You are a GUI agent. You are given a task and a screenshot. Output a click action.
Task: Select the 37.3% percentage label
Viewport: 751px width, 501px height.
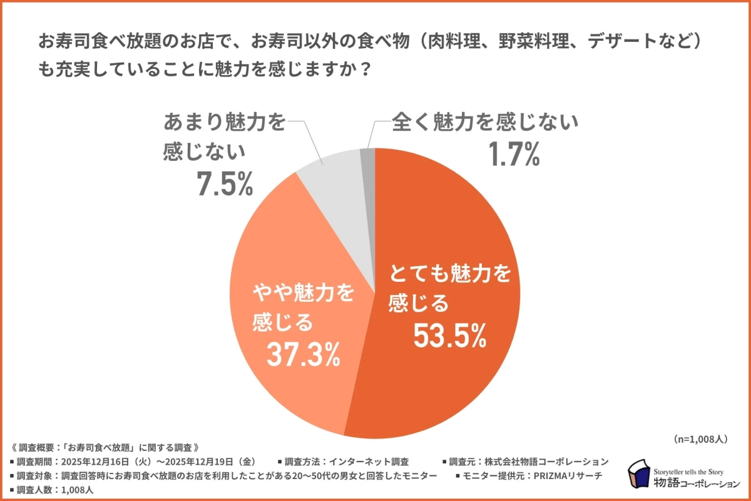[304, 355]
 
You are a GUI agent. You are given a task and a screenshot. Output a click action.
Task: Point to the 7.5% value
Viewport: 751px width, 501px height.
[223, 184]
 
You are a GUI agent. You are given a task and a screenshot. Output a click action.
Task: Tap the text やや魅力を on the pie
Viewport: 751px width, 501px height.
[304, 292]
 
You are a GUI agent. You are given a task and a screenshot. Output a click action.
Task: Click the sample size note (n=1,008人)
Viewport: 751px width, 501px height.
[700, 440]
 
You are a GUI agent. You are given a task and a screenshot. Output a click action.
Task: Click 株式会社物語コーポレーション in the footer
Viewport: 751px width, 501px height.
[548, 462]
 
